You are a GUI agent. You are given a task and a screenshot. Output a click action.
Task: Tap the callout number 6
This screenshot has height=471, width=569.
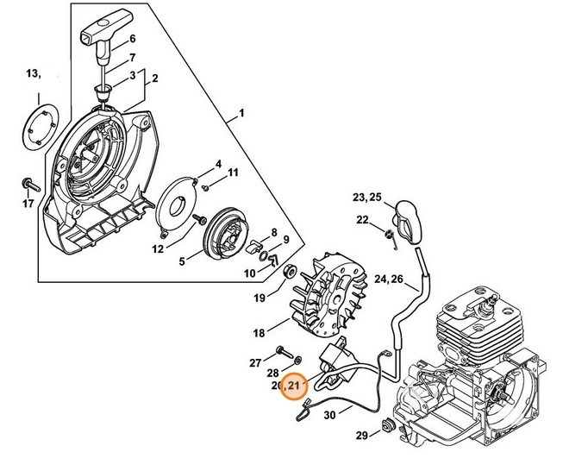point(133,40)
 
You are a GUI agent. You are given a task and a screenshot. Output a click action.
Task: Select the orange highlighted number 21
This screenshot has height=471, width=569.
point(295,386)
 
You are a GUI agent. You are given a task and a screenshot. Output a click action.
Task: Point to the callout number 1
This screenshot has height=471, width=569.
point(241,113)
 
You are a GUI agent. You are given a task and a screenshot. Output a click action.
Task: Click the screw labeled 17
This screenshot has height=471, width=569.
point(28,185)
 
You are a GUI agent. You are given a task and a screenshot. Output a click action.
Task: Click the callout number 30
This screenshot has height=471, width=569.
point(329,416)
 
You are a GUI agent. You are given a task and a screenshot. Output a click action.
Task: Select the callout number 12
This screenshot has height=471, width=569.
point(158,249)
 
